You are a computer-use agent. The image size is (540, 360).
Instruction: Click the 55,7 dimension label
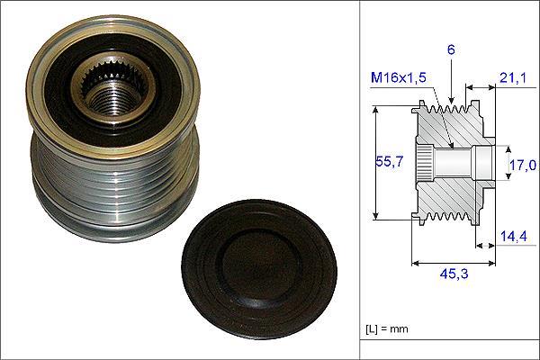(x=389, y=161)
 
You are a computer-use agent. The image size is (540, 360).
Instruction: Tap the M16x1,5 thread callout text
(x=399, y=78)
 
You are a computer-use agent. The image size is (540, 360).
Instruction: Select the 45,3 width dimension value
(x=454, y=274)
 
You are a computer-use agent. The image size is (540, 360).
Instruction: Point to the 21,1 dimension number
(x=513, y=78)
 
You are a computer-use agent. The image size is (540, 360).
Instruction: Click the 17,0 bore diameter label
(x=523, y=166)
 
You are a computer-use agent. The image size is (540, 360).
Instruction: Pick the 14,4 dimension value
(x=513, y=237)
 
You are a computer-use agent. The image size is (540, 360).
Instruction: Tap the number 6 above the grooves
(x=451, y=50)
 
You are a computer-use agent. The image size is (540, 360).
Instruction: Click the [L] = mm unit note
(x=387, y=329)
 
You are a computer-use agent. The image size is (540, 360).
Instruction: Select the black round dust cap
(x=259, y=269)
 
